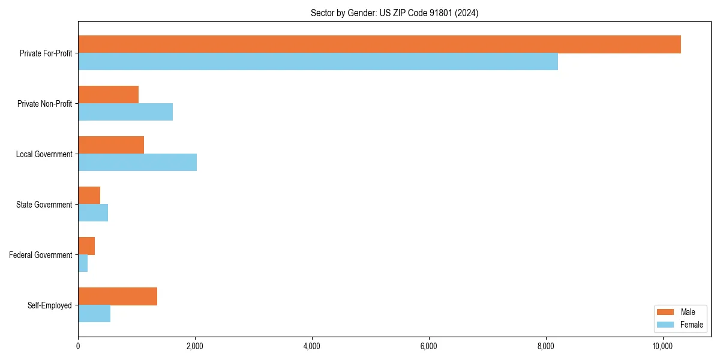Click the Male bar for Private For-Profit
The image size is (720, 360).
click(379, 44)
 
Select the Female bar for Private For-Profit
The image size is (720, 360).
click(318, 62)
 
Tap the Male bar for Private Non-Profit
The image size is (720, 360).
click(108, 95)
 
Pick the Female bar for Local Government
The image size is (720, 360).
click(137, 162)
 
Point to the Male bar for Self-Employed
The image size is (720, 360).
click(118, 296)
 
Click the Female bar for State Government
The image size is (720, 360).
click(93, 213)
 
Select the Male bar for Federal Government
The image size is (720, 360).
click(86, 246)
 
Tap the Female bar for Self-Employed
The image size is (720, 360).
click(94, 314)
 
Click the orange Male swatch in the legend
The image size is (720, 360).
click(666, 312)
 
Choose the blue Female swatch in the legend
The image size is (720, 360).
click(666, 325)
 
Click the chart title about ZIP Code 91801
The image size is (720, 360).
click(394, 13)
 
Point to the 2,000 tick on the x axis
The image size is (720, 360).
click(195, 346)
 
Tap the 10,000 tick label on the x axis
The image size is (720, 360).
click(662, 346)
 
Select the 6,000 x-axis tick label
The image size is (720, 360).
click(428, 346)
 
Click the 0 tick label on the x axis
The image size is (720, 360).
click(78, 346)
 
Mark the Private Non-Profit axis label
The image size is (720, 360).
click(44, 104)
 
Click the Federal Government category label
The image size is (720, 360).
click(41, 255)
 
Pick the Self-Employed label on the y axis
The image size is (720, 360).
click(50, 305)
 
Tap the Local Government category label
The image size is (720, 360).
click(44, 154)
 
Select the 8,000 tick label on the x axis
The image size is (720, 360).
click(545, 346)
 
